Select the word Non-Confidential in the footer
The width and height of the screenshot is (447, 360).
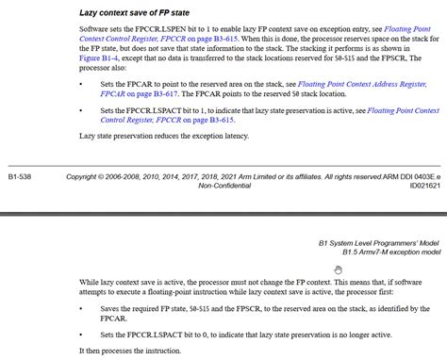coord(223,186)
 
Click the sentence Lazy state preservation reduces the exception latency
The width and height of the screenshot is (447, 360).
coord(163,137)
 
